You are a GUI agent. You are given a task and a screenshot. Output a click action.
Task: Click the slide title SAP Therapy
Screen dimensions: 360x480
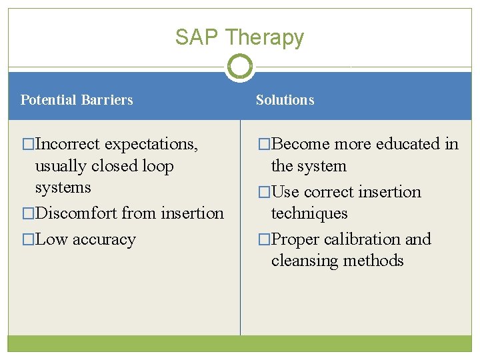(x=239, y=37)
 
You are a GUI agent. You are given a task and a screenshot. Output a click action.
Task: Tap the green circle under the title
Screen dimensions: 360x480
(x=239, y=67)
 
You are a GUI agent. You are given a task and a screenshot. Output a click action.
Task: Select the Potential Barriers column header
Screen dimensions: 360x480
(x=77, y=100)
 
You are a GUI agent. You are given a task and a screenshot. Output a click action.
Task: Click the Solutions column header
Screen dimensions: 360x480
(x=285, y=100)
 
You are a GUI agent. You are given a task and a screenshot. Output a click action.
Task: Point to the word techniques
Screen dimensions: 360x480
(x=309, y=213)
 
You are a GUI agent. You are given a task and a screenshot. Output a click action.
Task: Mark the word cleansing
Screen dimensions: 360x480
(x=303, y=261)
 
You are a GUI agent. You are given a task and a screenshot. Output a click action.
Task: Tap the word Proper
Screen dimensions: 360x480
(x=297, y=239)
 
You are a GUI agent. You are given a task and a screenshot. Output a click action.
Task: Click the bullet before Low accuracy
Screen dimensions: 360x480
(x=28, y=240)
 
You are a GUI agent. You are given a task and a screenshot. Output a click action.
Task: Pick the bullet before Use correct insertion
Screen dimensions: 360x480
(x=264, y=192)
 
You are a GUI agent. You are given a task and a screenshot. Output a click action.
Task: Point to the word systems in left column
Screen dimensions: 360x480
(x=63, y=187)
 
